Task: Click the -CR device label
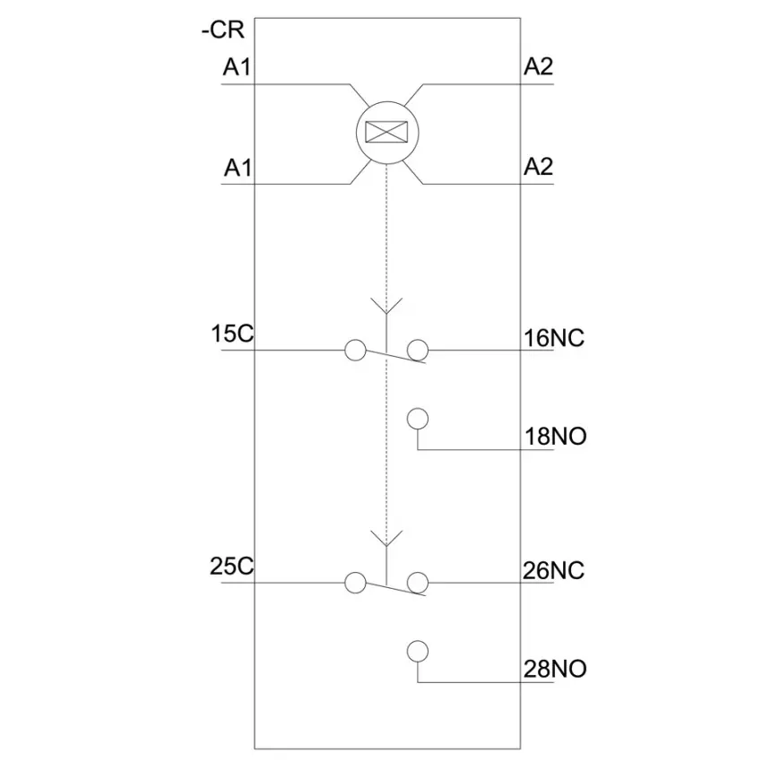click(223, 30)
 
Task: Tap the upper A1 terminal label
click(238, 66)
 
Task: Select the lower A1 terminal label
click(238, 168)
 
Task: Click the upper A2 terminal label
click(539, 66)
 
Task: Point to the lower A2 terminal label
click(539, 167)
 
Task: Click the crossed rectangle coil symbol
click(386, 132)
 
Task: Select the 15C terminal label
click(232, 333)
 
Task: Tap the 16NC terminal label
click(554, 338)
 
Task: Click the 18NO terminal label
click(556, 436)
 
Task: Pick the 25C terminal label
click(232, 567)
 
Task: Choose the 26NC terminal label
click(553, 570)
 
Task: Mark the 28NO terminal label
click(555, 669)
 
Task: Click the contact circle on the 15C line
click(355, 350)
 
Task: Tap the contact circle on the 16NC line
click(418, 350)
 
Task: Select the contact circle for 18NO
click(418, 419)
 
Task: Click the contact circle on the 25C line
click(355, 583)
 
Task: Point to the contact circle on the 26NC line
click(418, 583)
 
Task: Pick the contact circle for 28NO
click(418, 652)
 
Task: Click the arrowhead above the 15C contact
click(386, 307)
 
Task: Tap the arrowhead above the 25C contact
click(386, 539)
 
